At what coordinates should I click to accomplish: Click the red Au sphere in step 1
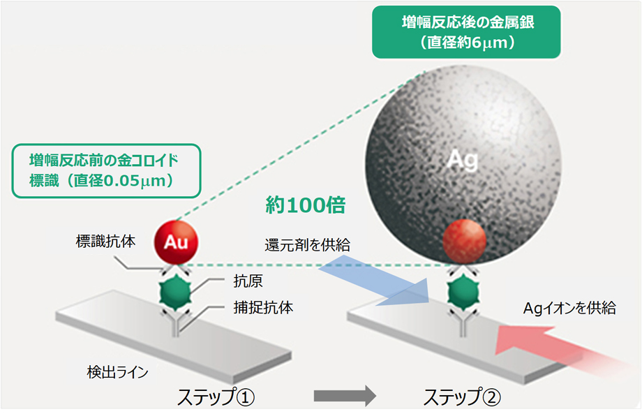(176, 242)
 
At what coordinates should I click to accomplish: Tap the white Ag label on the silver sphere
(462, 160)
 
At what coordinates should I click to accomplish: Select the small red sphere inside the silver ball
(464, 241)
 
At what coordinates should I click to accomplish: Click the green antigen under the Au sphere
(175, 293)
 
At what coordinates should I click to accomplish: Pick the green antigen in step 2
(463, 293)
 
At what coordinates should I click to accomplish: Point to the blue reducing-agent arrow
(373, 281)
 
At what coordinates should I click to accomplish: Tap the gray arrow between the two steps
(345, 396)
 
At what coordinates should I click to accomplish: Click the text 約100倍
(306, 205)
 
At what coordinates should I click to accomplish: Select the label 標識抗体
(105, 242)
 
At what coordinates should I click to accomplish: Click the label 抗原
(248, 281)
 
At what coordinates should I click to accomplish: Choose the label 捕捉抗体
(263, 307)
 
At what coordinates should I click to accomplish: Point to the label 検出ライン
(117, 372)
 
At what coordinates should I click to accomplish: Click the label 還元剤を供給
(308, 245)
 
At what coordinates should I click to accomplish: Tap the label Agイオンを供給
(569, 308)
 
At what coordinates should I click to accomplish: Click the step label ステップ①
(216, 397)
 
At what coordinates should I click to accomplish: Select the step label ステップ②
(462, 397)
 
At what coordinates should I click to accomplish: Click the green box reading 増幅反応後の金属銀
(466, 32)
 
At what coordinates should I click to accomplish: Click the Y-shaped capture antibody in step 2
(463, 322)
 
